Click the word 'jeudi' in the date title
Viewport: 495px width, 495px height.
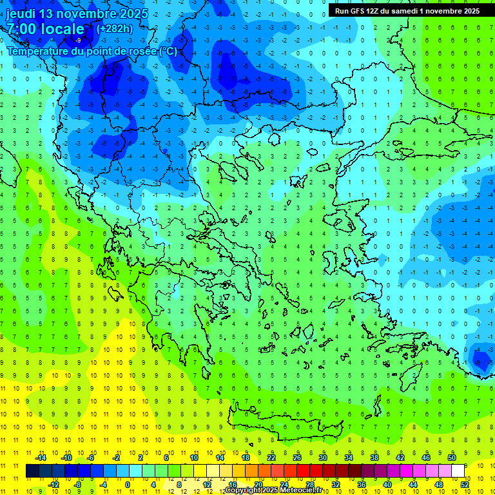click(23, 13)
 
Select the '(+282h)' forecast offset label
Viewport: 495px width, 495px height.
click(114, 28)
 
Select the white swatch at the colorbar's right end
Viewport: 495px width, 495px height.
click(458, 471)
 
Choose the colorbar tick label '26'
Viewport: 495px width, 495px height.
click(297, 458)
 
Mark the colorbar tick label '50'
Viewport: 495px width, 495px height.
click(452, 458)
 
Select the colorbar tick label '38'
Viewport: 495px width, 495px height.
click(374, 458)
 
